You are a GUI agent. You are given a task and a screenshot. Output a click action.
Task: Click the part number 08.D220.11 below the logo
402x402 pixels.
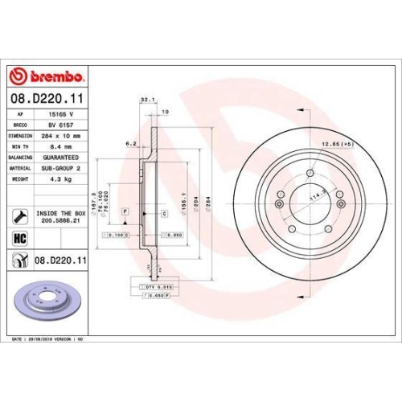tap(47, 97)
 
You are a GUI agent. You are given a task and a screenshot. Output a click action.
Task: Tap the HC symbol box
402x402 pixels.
tap(19, 239)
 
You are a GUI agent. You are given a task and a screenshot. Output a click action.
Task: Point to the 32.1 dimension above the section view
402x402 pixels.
tap(146, 100)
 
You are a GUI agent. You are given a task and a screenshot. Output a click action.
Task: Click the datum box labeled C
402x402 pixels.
tap(163, 213)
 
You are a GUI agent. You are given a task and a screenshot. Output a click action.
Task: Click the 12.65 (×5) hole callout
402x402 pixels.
tap(337, 144)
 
